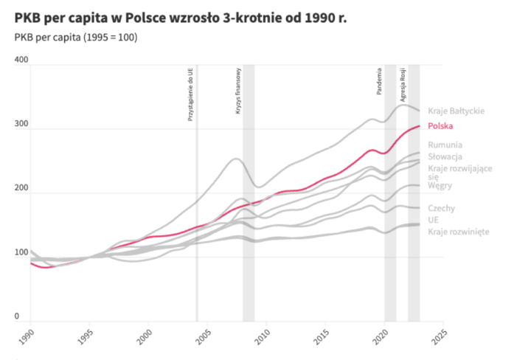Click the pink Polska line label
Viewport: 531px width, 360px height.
440,126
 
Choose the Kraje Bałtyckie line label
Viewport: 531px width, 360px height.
456,111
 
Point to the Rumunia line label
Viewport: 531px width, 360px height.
445,145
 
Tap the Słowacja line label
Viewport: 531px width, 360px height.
445,157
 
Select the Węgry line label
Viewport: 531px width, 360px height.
440,186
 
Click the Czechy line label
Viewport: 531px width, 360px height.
441,209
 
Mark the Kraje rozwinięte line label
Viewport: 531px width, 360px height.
458,232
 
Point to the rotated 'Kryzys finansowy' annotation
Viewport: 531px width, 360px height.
239,91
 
